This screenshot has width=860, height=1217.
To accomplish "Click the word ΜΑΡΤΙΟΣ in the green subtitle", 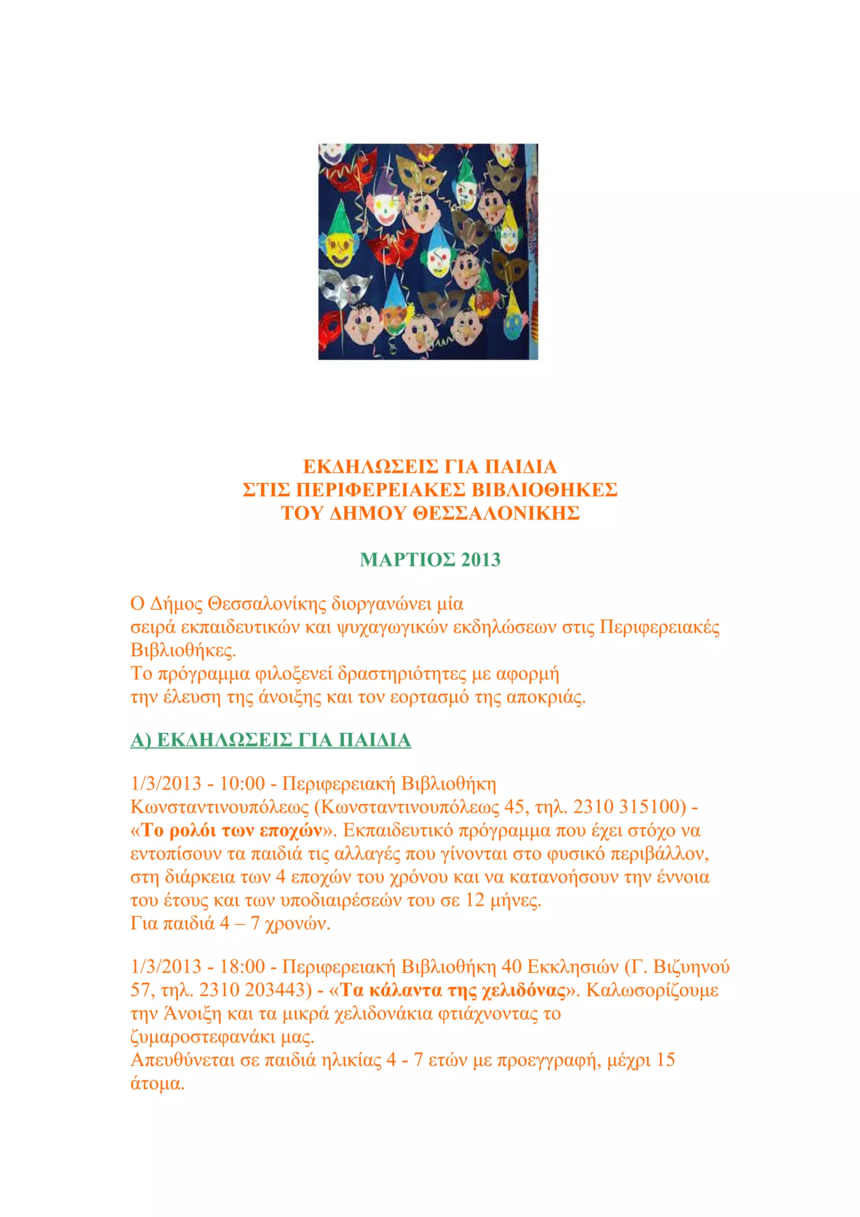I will click(407, 560).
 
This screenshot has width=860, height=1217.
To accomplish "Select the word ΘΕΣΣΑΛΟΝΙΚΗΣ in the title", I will click(496, 513).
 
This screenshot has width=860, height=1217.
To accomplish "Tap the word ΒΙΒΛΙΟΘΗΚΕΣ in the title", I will click(544, 490).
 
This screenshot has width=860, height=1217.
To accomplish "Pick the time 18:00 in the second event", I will click(242, 966).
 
